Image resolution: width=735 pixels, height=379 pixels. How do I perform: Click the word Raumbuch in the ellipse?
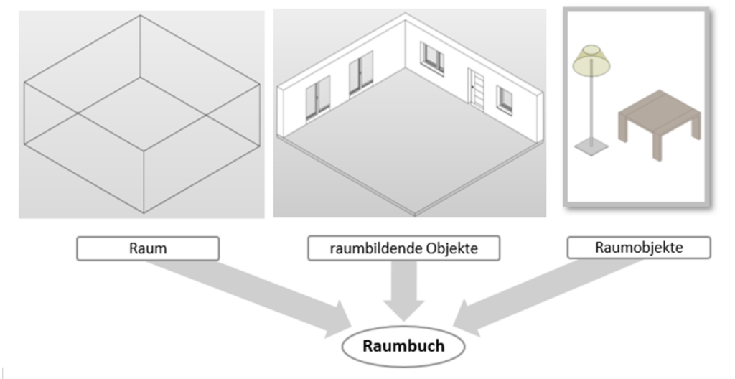click(403, 346)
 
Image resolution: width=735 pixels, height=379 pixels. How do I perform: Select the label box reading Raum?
click(148, 248)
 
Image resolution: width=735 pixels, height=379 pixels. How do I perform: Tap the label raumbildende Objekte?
click(403, 248)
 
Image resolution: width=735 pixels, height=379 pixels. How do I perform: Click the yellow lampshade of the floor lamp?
click(591, 60)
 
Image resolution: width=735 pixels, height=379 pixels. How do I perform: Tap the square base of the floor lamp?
click(591, 147)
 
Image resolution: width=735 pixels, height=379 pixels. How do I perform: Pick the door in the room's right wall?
click(474, 88)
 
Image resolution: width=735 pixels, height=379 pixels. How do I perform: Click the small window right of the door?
click(505, 98)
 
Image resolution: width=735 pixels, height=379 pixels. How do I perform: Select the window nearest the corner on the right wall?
click(432, 58)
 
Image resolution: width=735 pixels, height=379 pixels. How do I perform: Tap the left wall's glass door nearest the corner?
click(360, 73)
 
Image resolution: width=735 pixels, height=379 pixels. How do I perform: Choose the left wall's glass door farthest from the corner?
click(317, 96)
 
